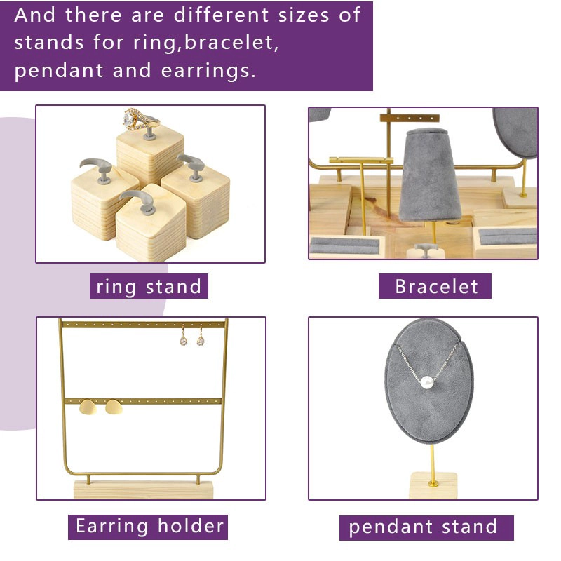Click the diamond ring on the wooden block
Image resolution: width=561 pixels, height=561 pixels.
coord(140,119)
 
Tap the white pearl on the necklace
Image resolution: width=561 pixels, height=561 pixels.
coord(426,382)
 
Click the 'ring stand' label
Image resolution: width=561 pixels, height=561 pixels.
coord(149,286)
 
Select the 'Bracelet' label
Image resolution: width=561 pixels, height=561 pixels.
coord(435,286)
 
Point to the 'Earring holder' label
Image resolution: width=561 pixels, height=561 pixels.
coord(148,527)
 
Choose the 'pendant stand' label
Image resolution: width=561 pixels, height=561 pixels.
coord(426,527)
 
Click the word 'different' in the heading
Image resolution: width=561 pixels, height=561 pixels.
coord(221,15)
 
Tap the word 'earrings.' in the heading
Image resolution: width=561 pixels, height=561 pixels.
coord(208,71)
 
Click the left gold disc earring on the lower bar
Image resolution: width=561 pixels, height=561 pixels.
coord(88,407)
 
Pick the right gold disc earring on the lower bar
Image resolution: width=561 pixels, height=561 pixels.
coord(114,407)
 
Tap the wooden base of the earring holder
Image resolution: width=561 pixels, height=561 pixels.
coord(143,489)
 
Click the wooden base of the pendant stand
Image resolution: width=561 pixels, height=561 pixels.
coord(433,485)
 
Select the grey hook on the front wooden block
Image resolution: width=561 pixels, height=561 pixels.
coord(137,201)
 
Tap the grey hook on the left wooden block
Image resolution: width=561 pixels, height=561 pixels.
coord(97,170)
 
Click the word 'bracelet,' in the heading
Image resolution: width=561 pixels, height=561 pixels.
coord(231,43)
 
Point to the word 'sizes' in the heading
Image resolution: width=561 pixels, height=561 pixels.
coord(304,15)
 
